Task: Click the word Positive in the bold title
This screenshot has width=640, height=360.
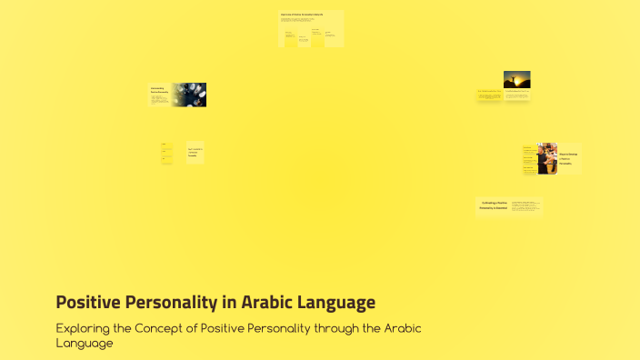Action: click(86, 302)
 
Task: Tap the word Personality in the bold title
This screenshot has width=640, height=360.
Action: click(170, 302)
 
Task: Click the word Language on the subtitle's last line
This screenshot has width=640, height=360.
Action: click(85, 343)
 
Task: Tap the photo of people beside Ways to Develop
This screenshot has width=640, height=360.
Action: click(546, 158)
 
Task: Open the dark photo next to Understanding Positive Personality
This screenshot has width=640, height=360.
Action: click(189, 95)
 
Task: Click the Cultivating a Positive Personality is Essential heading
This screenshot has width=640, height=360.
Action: click(493, 205)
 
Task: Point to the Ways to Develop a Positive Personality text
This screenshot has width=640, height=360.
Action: click(568, 159)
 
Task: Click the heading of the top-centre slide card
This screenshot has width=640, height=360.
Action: click(302, 15)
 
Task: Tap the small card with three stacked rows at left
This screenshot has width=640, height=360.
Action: click(167, 153)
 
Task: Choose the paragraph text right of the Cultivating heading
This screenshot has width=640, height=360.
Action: click(525, 207)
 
